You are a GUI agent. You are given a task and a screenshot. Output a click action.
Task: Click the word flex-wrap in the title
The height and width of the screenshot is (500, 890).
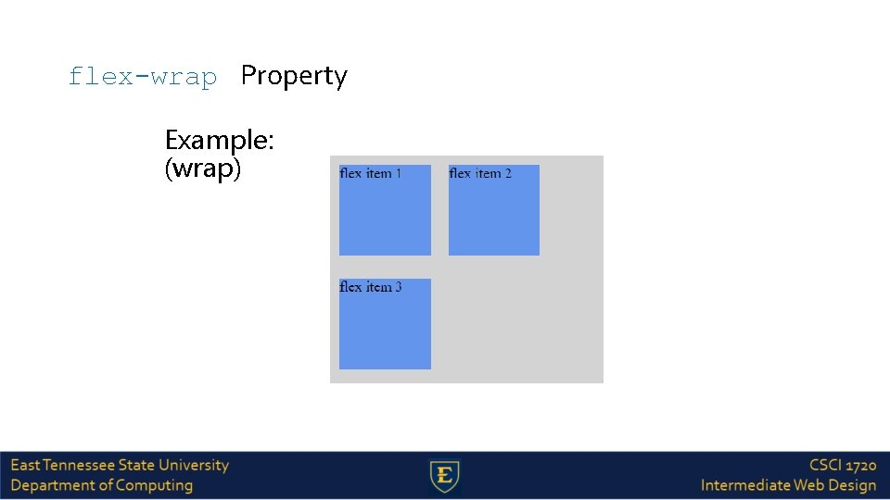point(142,76)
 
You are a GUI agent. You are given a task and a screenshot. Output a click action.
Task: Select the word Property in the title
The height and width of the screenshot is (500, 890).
point(294,76)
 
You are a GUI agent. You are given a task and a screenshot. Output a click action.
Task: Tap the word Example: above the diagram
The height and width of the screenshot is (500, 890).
point(219,141)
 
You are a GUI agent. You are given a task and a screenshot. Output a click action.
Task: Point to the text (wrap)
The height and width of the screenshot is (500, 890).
point(202,169)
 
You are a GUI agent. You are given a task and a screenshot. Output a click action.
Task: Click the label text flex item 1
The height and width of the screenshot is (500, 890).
point(371,173)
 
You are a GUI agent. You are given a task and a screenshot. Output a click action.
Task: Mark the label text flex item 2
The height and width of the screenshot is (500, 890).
point(480,173)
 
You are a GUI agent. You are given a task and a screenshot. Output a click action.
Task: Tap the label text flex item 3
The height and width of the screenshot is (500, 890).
point(371,287)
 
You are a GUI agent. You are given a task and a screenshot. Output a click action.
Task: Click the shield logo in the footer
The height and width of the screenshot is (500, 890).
point(445,476)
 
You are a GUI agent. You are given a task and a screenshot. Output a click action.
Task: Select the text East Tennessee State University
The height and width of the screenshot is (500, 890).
point(120,465)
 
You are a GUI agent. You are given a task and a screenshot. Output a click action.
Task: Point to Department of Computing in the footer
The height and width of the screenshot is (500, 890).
point(102,485)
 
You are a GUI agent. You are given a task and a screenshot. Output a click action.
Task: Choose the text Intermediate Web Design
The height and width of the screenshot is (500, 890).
point(788,485)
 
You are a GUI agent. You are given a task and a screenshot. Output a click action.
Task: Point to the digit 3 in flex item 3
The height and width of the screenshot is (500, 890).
point(399,287)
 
